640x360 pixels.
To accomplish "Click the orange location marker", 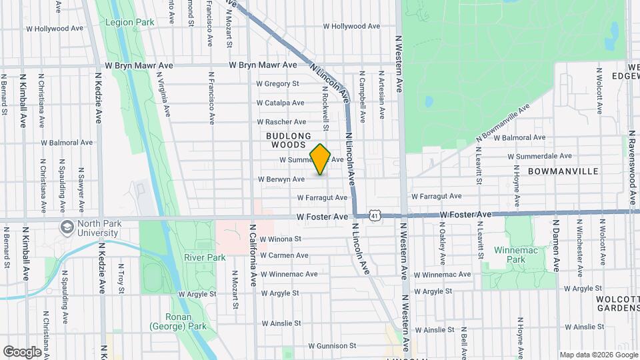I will click(x=321, y=159).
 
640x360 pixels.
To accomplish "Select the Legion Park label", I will click(x=129, y=22).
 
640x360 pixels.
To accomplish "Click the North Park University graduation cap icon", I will click(x=67, y=228).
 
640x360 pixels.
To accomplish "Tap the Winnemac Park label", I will click(x=511, y=254).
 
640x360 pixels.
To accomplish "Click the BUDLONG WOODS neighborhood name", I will click(x=285, y=139).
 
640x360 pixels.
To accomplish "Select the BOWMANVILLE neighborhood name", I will click(x=563, y=171).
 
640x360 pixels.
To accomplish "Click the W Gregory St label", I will click(x=277, y=84).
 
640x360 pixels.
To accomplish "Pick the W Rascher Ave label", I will click(x=281, y=122).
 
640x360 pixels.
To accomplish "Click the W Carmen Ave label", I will click(x=284, y=255).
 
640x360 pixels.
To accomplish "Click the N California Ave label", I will click(x=253, y=255).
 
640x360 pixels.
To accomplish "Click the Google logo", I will click(x=22, y=352).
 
